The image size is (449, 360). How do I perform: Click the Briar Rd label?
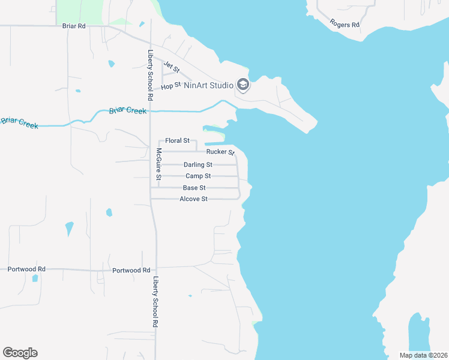coord(74,26)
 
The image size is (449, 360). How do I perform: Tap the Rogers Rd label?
coord(345,24)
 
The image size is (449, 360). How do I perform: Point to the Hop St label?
coord(170,87)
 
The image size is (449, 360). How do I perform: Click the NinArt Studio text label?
coord(208,86)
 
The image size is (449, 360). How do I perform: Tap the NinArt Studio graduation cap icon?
coord(243,85)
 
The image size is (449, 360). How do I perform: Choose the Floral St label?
coord(177,140)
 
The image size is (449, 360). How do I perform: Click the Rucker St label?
coord(220,152)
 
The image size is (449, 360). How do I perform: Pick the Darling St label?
coord(198,164)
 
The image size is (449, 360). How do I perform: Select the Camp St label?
coord(198,176)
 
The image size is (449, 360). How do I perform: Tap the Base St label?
coord(194,188)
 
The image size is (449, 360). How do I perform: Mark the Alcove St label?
coord(193,199)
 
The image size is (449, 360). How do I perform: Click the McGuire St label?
coord(159,164)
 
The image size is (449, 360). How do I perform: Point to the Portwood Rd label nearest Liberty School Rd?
coord(131,271)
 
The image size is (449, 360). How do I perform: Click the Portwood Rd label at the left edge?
coord(26,269)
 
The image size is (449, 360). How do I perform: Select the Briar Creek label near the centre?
coord(127,110)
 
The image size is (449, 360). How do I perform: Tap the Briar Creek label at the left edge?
coord(19,122)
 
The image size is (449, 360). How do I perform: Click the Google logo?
coord(20,353)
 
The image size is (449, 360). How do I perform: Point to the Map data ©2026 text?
coord(423,355)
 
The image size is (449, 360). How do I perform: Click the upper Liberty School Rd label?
coord(150,74)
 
